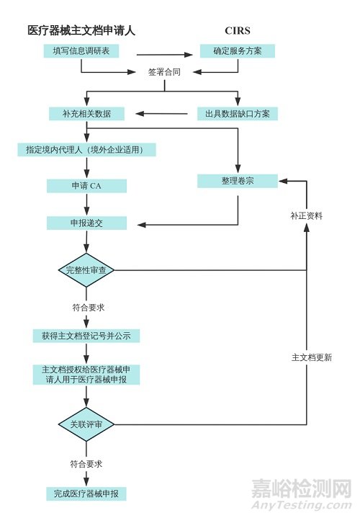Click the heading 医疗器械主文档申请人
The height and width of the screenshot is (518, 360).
click(x=81, y=30)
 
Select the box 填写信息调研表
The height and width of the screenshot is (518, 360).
click(x=86, y=52)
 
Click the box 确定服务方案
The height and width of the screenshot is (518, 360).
click(x=237, y=52)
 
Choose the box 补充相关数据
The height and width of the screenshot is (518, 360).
click(x=86, y=114)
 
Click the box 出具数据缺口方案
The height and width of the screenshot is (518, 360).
click(x=238, y=114)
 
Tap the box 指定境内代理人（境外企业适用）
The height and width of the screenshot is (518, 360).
click(x=86, y=150)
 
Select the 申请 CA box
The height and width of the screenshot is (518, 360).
click(x=86, y=187)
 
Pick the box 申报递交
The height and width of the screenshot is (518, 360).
click(x=86, y=223)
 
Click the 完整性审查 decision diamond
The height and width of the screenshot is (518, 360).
click(x=86, y=271)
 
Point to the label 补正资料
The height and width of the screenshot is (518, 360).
click(x=306, y=215)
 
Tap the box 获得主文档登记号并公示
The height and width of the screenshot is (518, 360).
click(x=86, y=336)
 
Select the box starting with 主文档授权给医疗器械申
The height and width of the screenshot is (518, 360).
click(x=86, y=375)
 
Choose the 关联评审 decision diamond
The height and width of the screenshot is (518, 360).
click(x=86, y=425)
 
